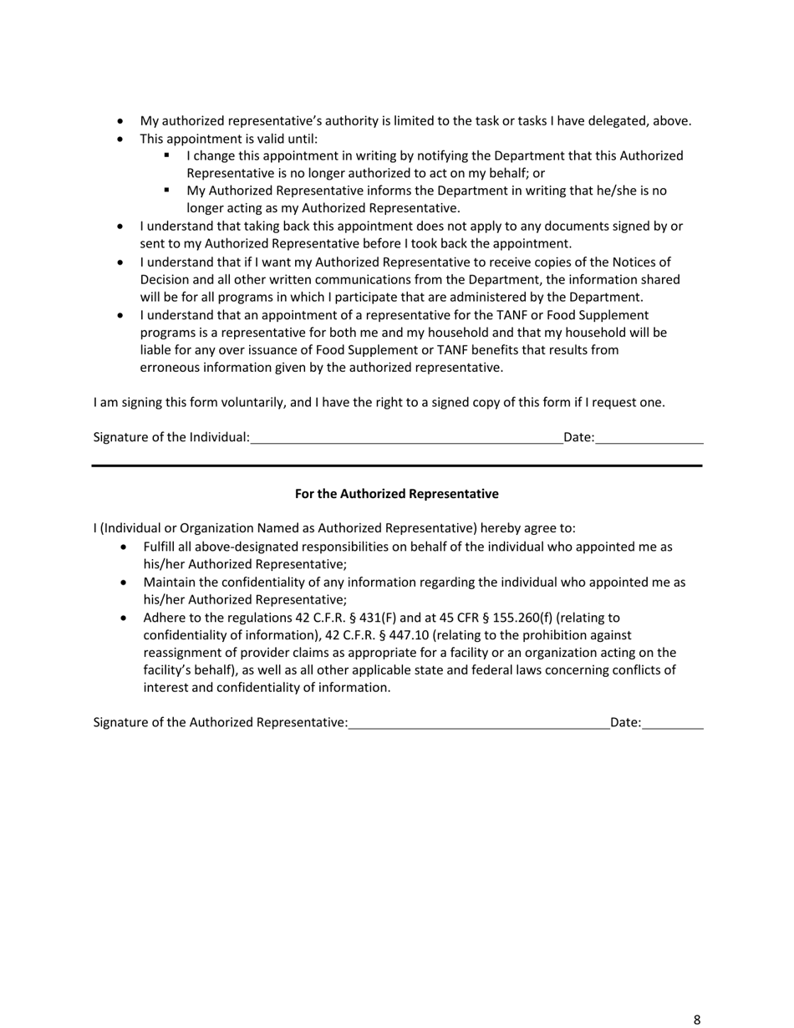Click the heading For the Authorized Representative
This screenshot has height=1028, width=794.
pos(396,494)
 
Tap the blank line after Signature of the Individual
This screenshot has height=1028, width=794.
pos(407,437)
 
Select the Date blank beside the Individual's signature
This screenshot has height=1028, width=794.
pos(649,437)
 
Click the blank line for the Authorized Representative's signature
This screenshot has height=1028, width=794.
pos(479,723)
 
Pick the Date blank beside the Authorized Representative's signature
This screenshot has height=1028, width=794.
pos(673,723)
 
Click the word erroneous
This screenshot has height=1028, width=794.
pos(171,367)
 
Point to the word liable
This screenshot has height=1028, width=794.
pos(155,349)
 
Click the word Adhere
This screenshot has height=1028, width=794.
pos(164,618)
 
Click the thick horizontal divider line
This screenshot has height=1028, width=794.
pos(396,466)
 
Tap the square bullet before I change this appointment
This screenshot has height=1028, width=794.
pos(167,155)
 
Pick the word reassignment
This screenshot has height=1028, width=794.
pos(184,653)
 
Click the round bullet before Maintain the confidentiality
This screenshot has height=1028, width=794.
pos(125,582)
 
